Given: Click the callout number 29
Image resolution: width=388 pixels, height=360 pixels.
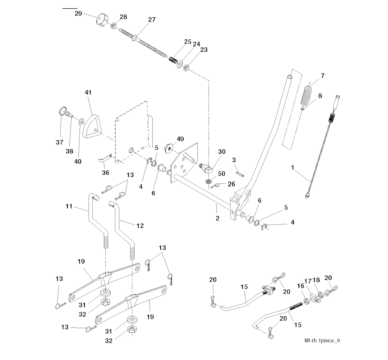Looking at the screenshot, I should point(78,13).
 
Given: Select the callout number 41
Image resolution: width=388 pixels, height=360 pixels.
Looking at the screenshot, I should point(88,92).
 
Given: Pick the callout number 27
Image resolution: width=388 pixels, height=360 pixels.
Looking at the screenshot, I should point(152,20).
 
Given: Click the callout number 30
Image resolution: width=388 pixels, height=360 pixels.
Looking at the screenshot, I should point(222,152).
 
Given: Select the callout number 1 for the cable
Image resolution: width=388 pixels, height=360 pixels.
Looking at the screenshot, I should point(292,167).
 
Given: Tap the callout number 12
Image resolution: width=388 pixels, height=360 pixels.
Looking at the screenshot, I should point(140,225).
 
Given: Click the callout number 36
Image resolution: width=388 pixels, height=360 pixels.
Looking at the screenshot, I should point(105,173).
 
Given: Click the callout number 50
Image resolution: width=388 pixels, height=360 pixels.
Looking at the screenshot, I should point(222,173).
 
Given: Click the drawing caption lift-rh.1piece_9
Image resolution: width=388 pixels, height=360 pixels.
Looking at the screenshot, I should point(322,340).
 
